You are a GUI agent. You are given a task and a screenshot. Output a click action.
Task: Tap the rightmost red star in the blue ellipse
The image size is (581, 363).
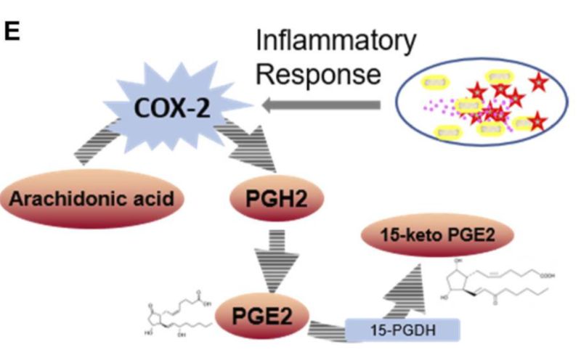[x=538, y=81]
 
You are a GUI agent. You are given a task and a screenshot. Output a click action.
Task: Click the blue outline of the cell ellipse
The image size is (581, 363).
[x=396, y=102]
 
